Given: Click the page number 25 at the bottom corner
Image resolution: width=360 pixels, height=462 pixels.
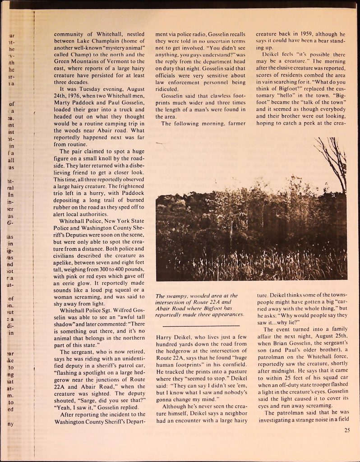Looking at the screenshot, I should point(346,430).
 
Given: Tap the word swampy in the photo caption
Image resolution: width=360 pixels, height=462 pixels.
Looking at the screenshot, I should point(175,296).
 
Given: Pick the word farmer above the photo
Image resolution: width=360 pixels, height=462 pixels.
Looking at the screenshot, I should point(234,123).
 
